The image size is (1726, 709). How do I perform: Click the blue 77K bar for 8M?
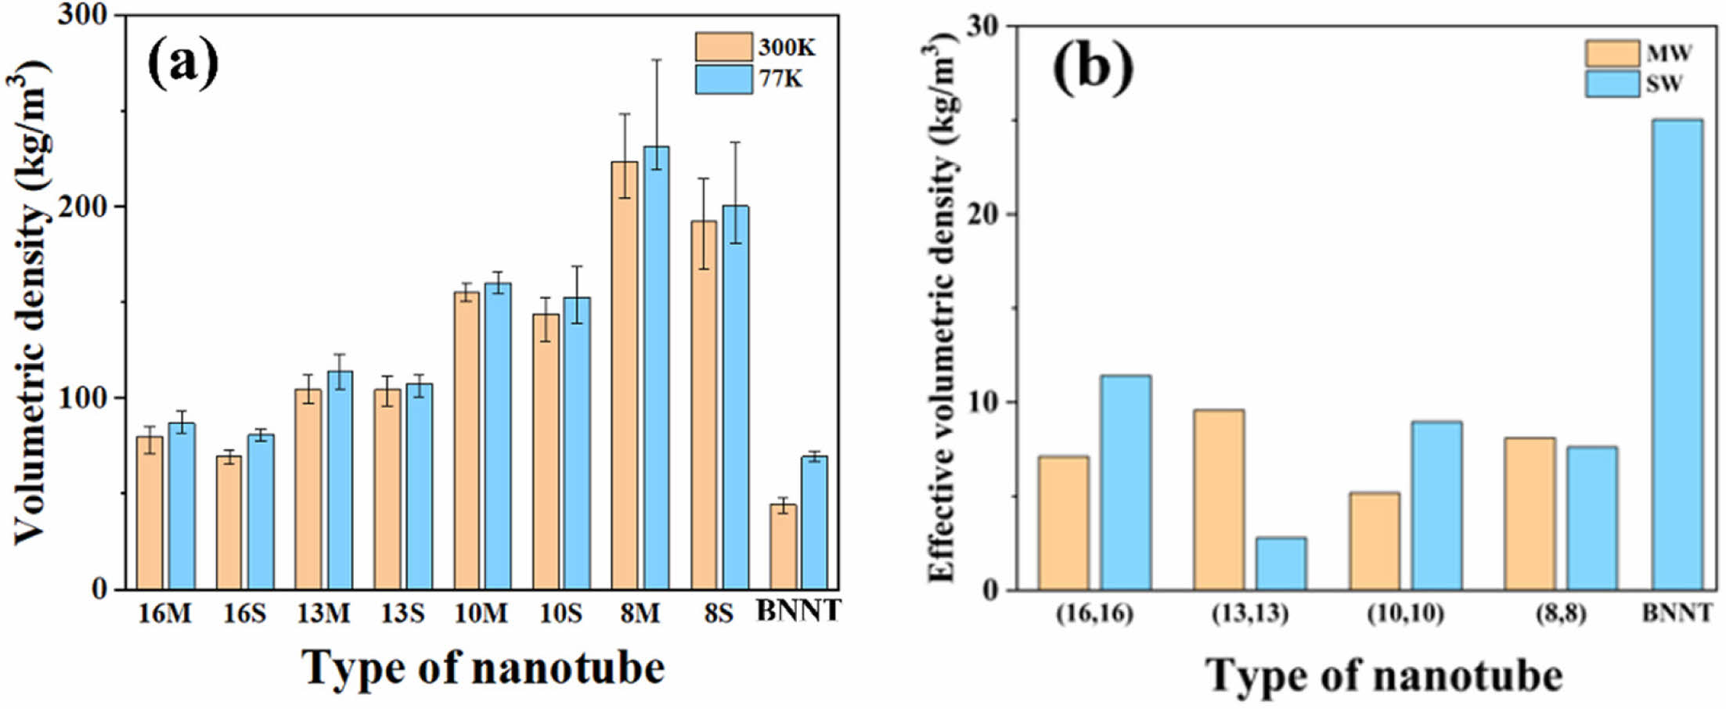656,368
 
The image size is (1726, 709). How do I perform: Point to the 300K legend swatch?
723,47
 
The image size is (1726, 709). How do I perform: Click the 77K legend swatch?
723,79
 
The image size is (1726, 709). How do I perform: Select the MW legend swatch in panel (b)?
1612,53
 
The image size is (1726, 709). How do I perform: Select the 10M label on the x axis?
481,613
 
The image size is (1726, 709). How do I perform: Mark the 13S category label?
402,613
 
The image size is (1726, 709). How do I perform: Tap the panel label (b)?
1093,68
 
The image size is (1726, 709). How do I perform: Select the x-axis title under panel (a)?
483,668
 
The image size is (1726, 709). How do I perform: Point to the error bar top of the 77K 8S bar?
735,142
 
